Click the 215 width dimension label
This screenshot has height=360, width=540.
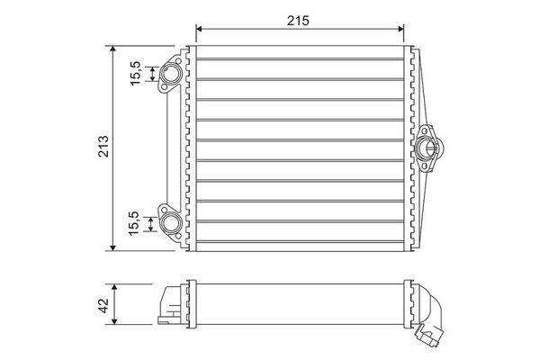pos(298,21)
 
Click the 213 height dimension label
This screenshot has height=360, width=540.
pos(103,147)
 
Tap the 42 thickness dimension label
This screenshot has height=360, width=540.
pos(103,306)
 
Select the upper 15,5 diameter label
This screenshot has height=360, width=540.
pos(135,73)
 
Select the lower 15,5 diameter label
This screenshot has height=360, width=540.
pos(133,223)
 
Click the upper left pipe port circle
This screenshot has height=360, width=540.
pos(170,75)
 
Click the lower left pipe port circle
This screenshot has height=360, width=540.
pos(171,223)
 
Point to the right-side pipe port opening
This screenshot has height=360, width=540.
pos(428,148)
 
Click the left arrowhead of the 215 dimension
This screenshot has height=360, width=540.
pos(199,29)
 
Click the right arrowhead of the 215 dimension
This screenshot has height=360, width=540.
pos(400,29)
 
